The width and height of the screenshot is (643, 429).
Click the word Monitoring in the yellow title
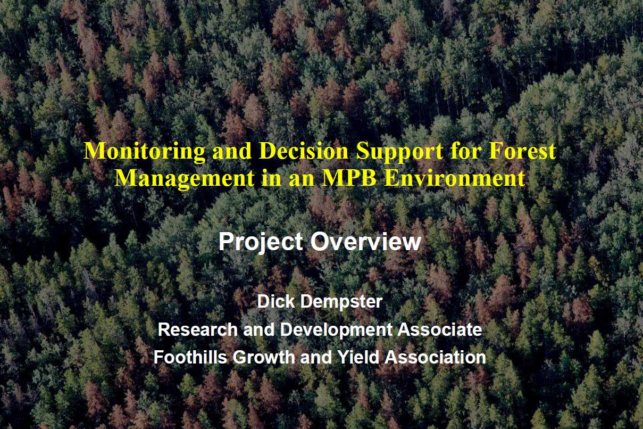[x=144, y=152]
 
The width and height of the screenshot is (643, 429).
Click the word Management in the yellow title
[x=184, y=179]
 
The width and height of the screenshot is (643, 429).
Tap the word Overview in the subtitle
[x=366, y=242]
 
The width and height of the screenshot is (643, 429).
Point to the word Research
[x=198, y=329]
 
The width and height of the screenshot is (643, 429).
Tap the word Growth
[x=264, y=357]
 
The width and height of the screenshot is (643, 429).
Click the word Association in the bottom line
[x=435, y=357]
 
